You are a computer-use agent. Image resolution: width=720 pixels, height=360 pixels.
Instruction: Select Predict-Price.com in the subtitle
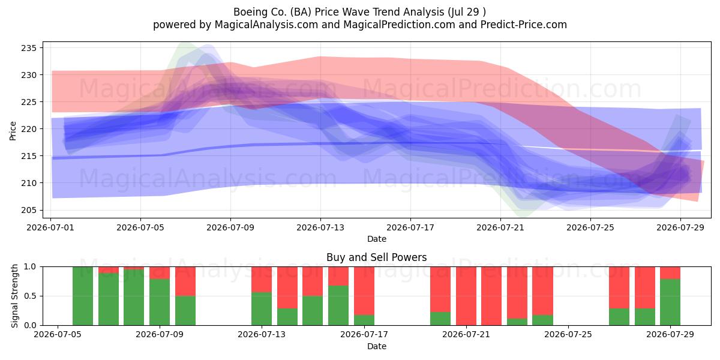523,25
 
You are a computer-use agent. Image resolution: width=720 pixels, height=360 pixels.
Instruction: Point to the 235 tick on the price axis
29,48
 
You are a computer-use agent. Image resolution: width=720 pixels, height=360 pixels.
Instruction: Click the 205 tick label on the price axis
29,210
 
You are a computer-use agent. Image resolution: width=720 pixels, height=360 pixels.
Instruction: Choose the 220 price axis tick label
29,129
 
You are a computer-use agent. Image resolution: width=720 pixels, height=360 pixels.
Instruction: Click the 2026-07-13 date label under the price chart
320,227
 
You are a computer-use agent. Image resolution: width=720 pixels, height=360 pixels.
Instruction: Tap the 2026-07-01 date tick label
50,227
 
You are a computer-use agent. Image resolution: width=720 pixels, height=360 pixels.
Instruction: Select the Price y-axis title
13,131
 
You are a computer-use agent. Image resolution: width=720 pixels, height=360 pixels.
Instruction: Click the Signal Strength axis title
14,296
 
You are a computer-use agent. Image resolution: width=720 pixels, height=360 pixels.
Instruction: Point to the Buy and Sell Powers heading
376,257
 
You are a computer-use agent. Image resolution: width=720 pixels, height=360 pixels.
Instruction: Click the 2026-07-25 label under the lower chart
568,334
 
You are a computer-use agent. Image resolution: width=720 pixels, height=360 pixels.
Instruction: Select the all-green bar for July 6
83,296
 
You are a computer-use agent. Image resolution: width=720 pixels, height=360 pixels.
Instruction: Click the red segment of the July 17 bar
364,290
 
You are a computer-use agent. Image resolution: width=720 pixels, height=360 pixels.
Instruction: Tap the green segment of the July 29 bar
670,302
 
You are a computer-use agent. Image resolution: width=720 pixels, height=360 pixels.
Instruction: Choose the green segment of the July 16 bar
338,305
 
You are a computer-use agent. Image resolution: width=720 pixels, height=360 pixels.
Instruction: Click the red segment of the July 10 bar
185,281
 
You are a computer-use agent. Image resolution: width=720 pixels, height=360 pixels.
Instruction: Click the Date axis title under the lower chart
376,346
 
